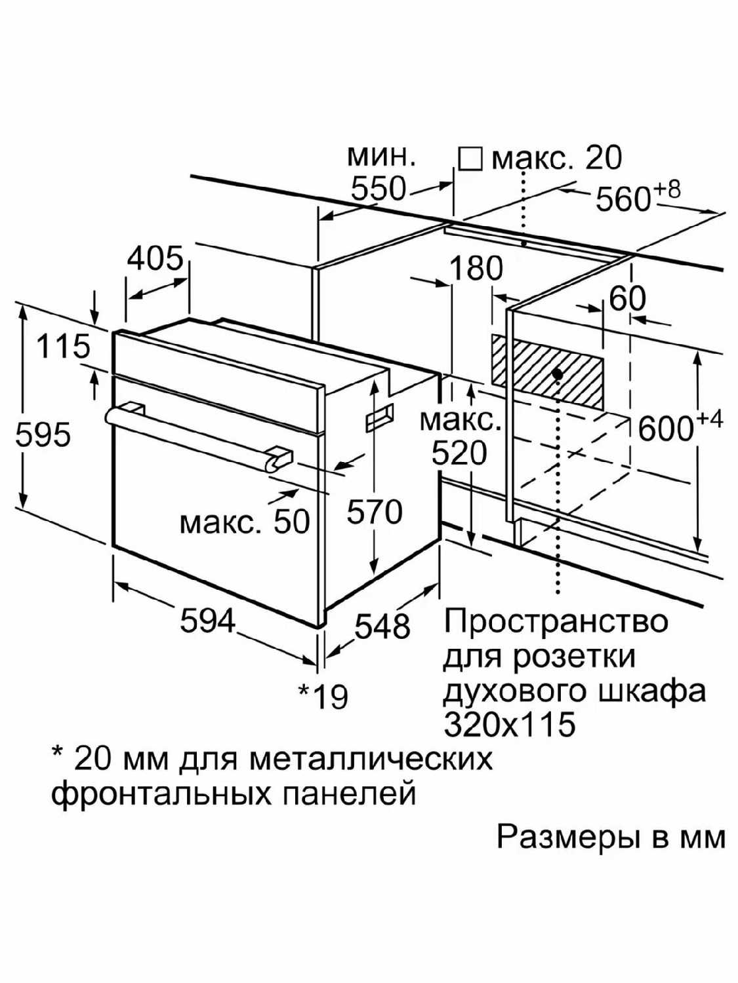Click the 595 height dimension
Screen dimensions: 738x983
click(x=43, y=434)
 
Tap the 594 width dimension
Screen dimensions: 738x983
click(x=207, y=621)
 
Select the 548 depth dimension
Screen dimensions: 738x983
click(x=382, y=626)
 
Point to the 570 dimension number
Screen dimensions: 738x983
click(x=375, y=512)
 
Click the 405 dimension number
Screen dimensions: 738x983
click(x=156, y=259)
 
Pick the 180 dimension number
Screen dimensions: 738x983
click(x=476, y=269)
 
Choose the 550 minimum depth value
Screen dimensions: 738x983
click(x=379, y=189)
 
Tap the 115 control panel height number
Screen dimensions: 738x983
click(x=63, y=347)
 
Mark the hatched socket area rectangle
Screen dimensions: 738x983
click(x=547, y=373)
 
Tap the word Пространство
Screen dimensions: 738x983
click(x=556, y=622)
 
